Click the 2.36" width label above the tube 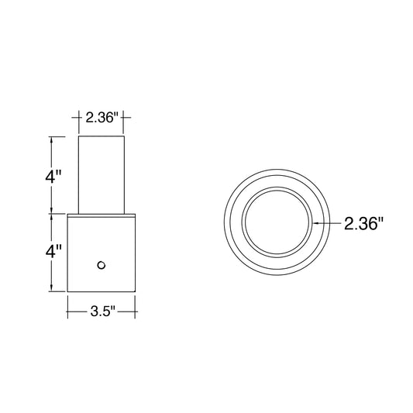tap(102, 118)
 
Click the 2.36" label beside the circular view tap(363, 224)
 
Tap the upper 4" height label tap(53, 176)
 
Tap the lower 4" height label tap(53, 251)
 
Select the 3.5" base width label tap(103, 311)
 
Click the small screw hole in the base tap(102, 265)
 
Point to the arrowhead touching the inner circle tap(315, 223)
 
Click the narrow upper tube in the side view tap(102, 175)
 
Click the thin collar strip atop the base tap(102, 215)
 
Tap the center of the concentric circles tap(277, 222)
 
